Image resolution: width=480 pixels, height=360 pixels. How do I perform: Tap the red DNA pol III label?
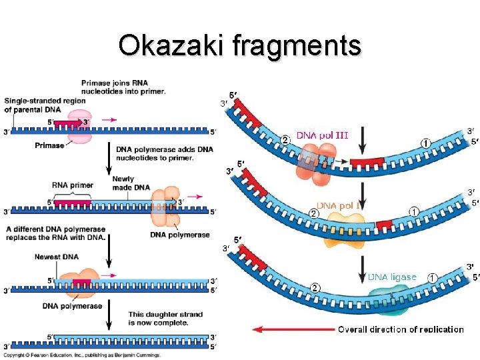tap(322, 135)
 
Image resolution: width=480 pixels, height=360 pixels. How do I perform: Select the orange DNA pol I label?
tap(339, 206)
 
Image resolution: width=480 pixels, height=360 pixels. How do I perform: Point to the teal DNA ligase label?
tap(392, 277)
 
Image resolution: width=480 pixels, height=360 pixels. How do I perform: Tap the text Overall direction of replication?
tap(401, 329)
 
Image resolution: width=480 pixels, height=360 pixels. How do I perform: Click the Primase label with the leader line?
tap(51, 145)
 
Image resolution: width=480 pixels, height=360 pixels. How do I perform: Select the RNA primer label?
tap(72, 185)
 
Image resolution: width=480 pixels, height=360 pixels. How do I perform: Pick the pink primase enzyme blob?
tap(80, 127)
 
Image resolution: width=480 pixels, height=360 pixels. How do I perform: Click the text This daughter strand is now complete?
tap(158, 318)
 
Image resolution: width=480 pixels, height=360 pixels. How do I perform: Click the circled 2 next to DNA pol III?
tap(284, 139)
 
